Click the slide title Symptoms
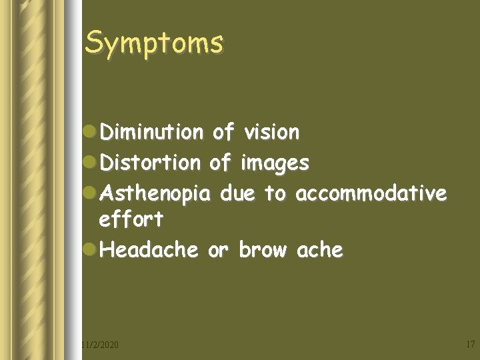coord(154,43)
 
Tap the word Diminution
coord(151,133)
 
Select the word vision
coord(271,133)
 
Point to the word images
coord(275,163)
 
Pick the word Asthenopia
coord(155,194)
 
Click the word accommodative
coord(371,193)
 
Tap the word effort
coord(131,219)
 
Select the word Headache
coord(149,250)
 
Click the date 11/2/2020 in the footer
coord(100,345)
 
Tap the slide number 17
coord(469,344)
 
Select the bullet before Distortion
coord(91,163)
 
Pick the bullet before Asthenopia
coord(91,194)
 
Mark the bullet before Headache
coord(91,251)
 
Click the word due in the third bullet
coord(237,193)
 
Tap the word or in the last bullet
coord(218,251)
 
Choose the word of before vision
coord(223,132)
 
